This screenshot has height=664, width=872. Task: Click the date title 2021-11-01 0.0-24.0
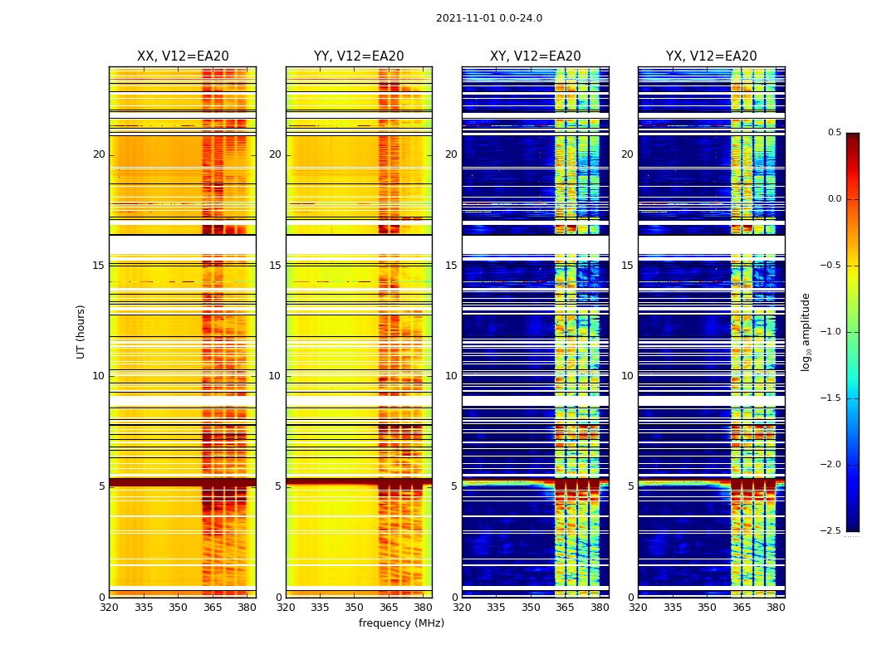click(x=488, y=18)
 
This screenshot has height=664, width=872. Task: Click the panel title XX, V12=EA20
click(x=183, y=56)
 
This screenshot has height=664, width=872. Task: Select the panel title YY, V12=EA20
click(x=359, y=56)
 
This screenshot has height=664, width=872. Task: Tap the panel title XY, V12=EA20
click(x=536, y=56)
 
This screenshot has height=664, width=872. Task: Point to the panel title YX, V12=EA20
click(x=712, y=56)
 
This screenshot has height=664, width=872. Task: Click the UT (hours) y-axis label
click(x=81, y=331)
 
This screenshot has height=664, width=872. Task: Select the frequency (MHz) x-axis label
click(x=401, y=623)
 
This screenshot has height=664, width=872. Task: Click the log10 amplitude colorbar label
click(x=806, y=331)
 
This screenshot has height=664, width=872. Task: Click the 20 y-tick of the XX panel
click(x=99, y=154)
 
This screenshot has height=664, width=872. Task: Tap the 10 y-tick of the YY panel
click(x=275, y=376)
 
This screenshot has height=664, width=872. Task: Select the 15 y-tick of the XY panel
click(x=451, y=266)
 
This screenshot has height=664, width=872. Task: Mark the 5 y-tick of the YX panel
click(x=630, y=486)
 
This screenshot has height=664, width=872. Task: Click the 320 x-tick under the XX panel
click(x=109, y=608)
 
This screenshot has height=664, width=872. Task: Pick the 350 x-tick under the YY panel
click(x=355, y=608)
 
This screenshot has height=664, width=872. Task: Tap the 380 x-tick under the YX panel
click(x=776, y=608)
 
